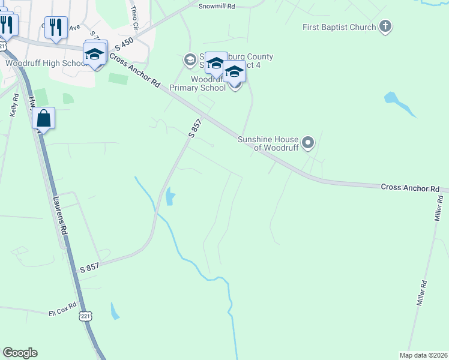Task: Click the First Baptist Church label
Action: coord(339,27)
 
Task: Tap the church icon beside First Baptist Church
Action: coord(385,26)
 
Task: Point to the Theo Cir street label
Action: coord(134,19)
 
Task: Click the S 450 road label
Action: coord(123,43)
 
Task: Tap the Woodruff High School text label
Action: coord(47,63)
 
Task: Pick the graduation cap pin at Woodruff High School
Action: coord(95,54)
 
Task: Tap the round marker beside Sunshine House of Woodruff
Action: coord(308,143)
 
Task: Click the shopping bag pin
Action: coord(44,118)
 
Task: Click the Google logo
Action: coord(20,353)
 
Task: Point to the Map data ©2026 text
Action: coord(424,355)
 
